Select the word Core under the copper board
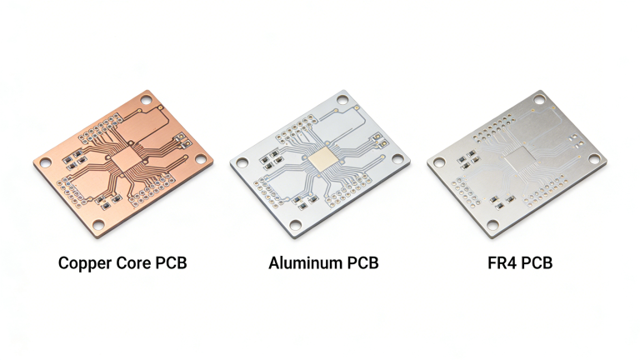coord(133,263)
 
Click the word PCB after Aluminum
coord(362,263)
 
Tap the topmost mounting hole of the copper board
coord(147,100)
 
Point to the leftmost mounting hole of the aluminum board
coord(242,163)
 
